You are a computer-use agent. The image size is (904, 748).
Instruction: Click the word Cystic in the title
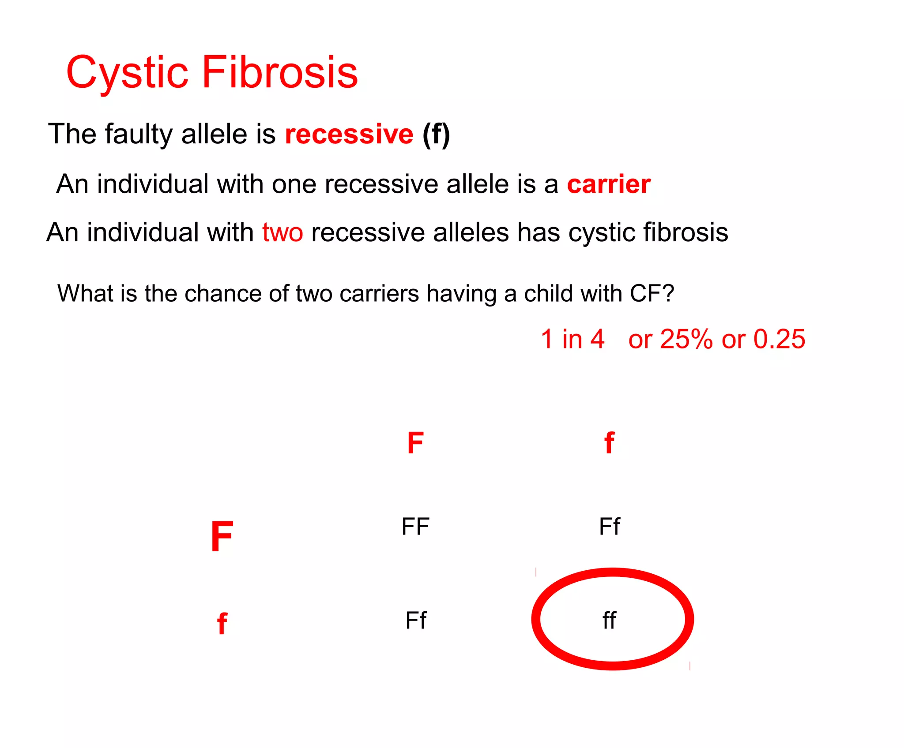pos(128,73)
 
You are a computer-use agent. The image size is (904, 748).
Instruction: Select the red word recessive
pos(349,134)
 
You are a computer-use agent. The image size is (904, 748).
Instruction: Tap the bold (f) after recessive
pos(436,134)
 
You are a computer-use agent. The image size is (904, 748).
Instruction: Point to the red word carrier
pos(609,184)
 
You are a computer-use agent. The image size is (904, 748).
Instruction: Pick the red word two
pos(282,232)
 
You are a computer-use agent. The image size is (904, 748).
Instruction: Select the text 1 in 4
pos(573,339)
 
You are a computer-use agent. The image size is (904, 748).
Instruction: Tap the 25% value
pos(686,339)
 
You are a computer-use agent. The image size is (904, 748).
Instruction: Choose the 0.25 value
pos(780,339)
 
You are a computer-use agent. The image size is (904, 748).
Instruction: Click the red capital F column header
pos(415,443)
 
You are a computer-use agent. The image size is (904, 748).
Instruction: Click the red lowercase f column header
pos(609,443)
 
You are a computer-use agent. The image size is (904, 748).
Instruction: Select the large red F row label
pos(222,536)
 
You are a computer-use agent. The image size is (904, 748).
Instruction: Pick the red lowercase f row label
pos(222,624)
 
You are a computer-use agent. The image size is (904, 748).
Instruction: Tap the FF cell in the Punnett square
pos(415,527)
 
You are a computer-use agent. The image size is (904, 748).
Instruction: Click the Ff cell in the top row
pos(610,527)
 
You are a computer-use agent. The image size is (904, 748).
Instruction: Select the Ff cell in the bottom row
pos(416,621)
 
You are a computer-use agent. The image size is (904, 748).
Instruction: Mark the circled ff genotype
pos(610,621)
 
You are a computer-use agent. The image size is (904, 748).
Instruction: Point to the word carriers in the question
pos(379,293)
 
